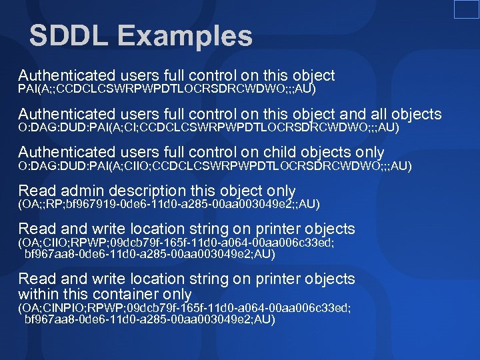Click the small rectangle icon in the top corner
466,9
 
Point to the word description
150,190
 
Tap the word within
39,294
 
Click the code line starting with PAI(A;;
167,89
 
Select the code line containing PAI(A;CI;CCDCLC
208,127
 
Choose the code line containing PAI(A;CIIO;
215,165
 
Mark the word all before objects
377,114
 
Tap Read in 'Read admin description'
35,190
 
